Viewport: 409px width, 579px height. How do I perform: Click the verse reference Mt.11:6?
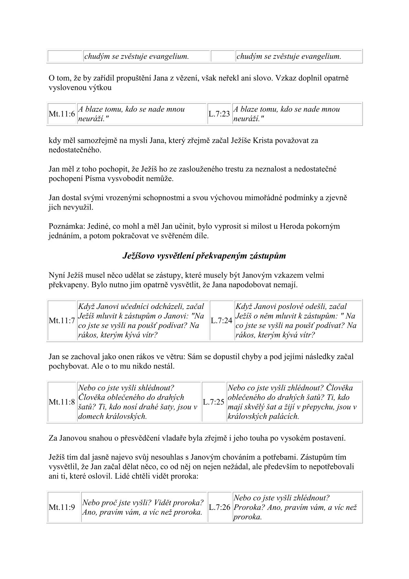[62, 114]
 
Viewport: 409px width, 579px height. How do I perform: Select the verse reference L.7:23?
[219, 114]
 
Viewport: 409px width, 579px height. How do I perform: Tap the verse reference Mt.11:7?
[62, 321]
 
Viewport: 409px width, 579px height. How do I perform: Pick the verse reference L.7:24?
[222, 321]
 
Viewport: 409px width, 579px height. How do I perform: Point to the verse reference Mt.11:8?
[62, 402]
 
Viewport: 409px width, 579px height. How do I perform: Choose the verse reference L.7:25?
[213, 402]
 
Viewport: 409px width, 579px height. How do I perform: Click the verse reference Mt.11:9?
[62, 507]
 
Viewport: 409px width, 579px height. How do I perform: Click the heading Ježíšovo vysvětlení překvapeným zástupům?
[204, 256]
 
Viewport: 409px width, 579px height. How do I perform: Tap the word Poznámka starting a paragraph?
[64, 226]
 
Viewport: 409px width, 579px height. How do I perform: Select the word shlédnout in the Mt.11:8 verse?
[160, 388]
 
